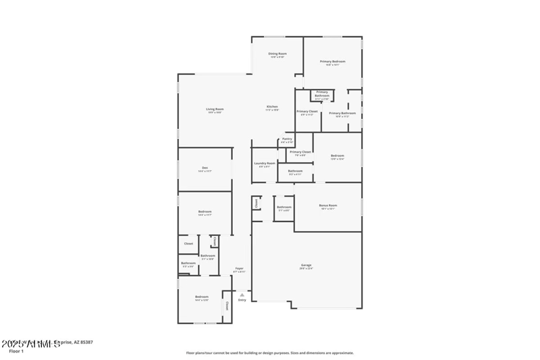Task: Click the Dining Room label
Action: coord(277,53)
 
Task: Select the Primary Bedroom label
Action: coord(332,61)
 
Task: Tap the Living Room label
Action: coord(215,109)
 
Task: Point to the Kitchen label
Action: coord(272,107)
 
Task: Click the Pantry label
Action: coord(287,138)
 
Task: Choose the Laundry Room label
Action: coord(265,163)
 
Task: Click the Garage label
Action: coord(306,265)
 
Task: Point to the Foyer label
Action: coord(239,268)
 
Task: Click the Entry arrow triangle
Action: coord(242,294)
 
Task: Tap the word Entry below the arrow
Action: coord(242,300)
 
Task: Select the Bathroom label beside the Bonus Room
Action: coord(284,207)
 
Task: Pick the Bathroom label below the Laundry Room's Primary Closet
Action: coord(295,171)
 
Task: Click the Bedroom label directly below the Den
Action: coord(205,212)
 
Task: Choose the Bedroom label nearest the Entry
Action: coord(202,297)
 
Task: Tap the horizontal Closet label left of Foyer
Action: coord(188,243)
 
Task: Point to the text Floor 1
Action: coord(16,351)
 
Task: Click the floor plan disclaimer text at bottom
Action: coord(270,353)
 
